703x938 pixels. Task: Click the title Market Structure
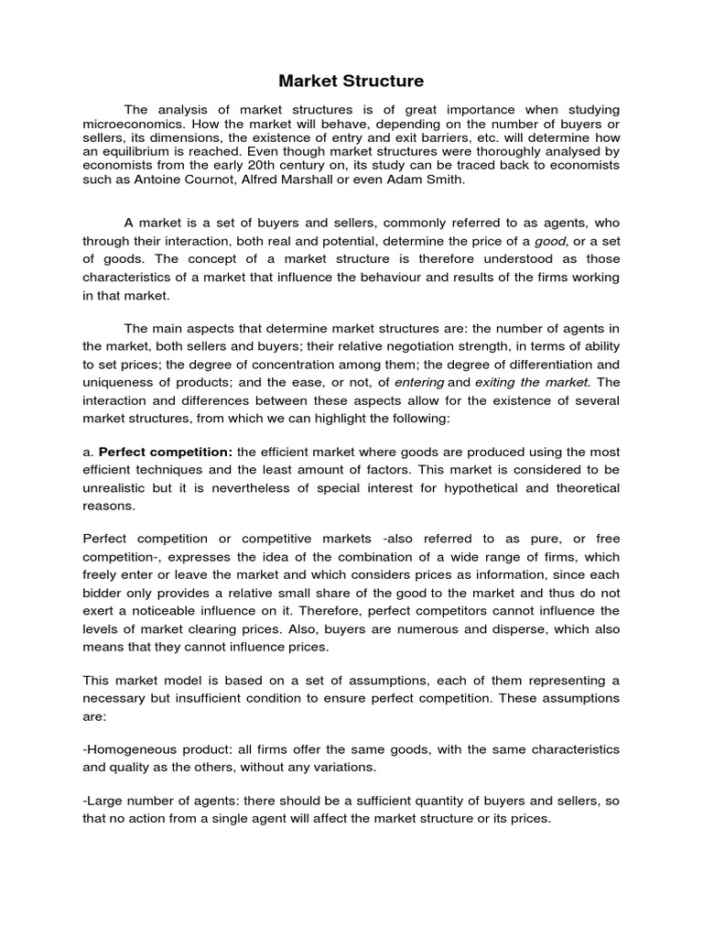[x=351, y=81]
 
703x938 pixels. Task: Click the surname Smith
[x=444, y=180]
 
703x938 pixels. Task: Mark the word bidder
[x=105, y=592]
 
